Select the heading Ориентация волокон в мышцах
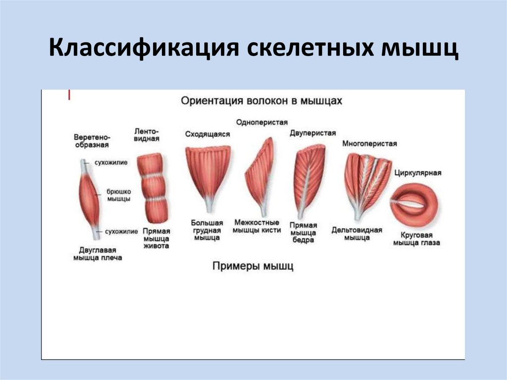click(261, 101)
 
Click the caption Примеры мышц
click(253, 266)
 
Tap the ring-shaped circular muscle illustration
click(415, 203)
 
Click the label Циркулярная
click(417, 173)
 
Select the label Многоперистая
click(369, 144)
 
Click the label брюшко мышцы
click(119, 195)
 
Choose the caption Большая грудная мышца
click(207, 230)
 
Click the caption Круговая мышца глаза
click(416, 239)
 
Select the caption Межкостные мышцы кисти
click(257, 226)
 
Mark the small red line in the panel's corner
click(69, 95)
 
